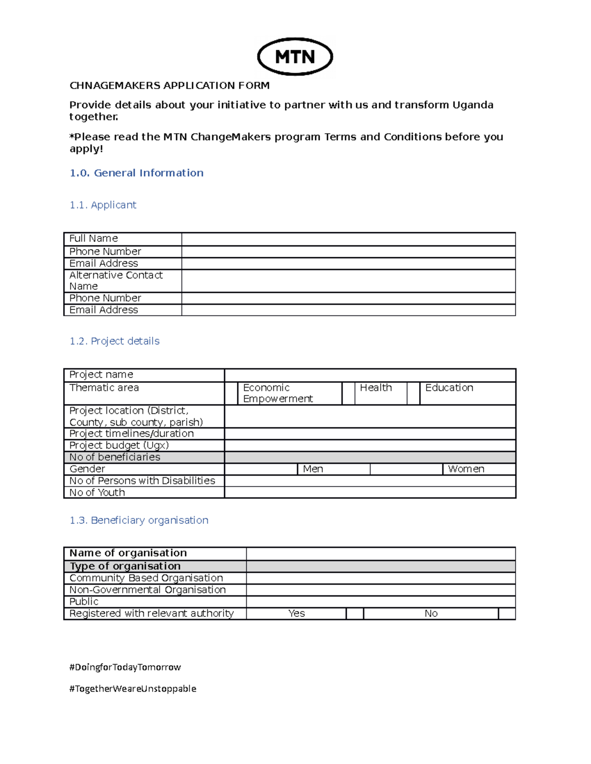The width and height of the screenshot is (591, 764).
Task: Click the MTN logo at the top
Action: click(295, 57)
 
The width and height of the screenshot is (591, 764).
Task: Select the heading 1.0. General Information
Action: click(136, 173)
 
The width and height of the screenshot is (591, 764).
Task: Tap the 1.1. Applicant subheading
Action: click(103, 205)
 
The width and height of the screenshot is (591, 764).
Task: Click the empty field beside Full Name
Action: click(348, 239)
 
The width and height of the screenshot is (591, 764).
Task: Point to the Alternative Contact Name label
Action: click(116, 280)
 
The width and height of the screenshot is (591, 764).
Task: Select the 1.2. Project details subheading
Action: click(115, 341)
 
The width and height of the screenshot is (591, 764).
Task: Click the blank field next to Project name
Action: click(369, 375)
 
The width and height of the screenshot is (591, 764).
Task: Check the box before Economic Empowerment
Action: click(231, 393)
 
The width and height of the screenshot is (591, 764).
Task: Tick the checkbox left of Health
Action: click(348, 393)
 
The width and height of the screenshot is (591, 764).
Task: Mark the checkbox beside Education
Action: click(413, 393)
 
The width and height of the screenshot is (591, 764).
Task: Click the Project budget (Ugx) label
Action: click(119, 446)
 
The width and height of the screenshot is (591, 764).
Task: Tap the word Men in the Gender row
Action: click(313, 469)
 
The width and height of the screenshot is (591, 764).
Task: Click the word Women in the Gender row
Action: click(466, 469)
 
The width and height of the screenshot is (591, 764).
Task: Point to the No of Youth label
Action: click(97, 493)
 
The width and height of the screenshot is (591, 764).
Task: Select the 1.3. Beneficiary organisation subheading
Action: click(139, 520)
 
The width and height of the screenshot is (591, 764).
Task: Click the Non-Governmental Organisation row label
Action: click(147, 590)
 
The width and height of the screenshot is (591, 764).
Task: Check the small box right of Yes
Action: click(355, 613)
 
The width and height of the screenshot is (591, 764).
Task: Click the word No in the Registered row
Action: click(431, 613)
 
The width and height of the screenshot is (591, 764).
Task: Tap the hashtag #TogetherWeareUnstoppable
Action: click(133, 689)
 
